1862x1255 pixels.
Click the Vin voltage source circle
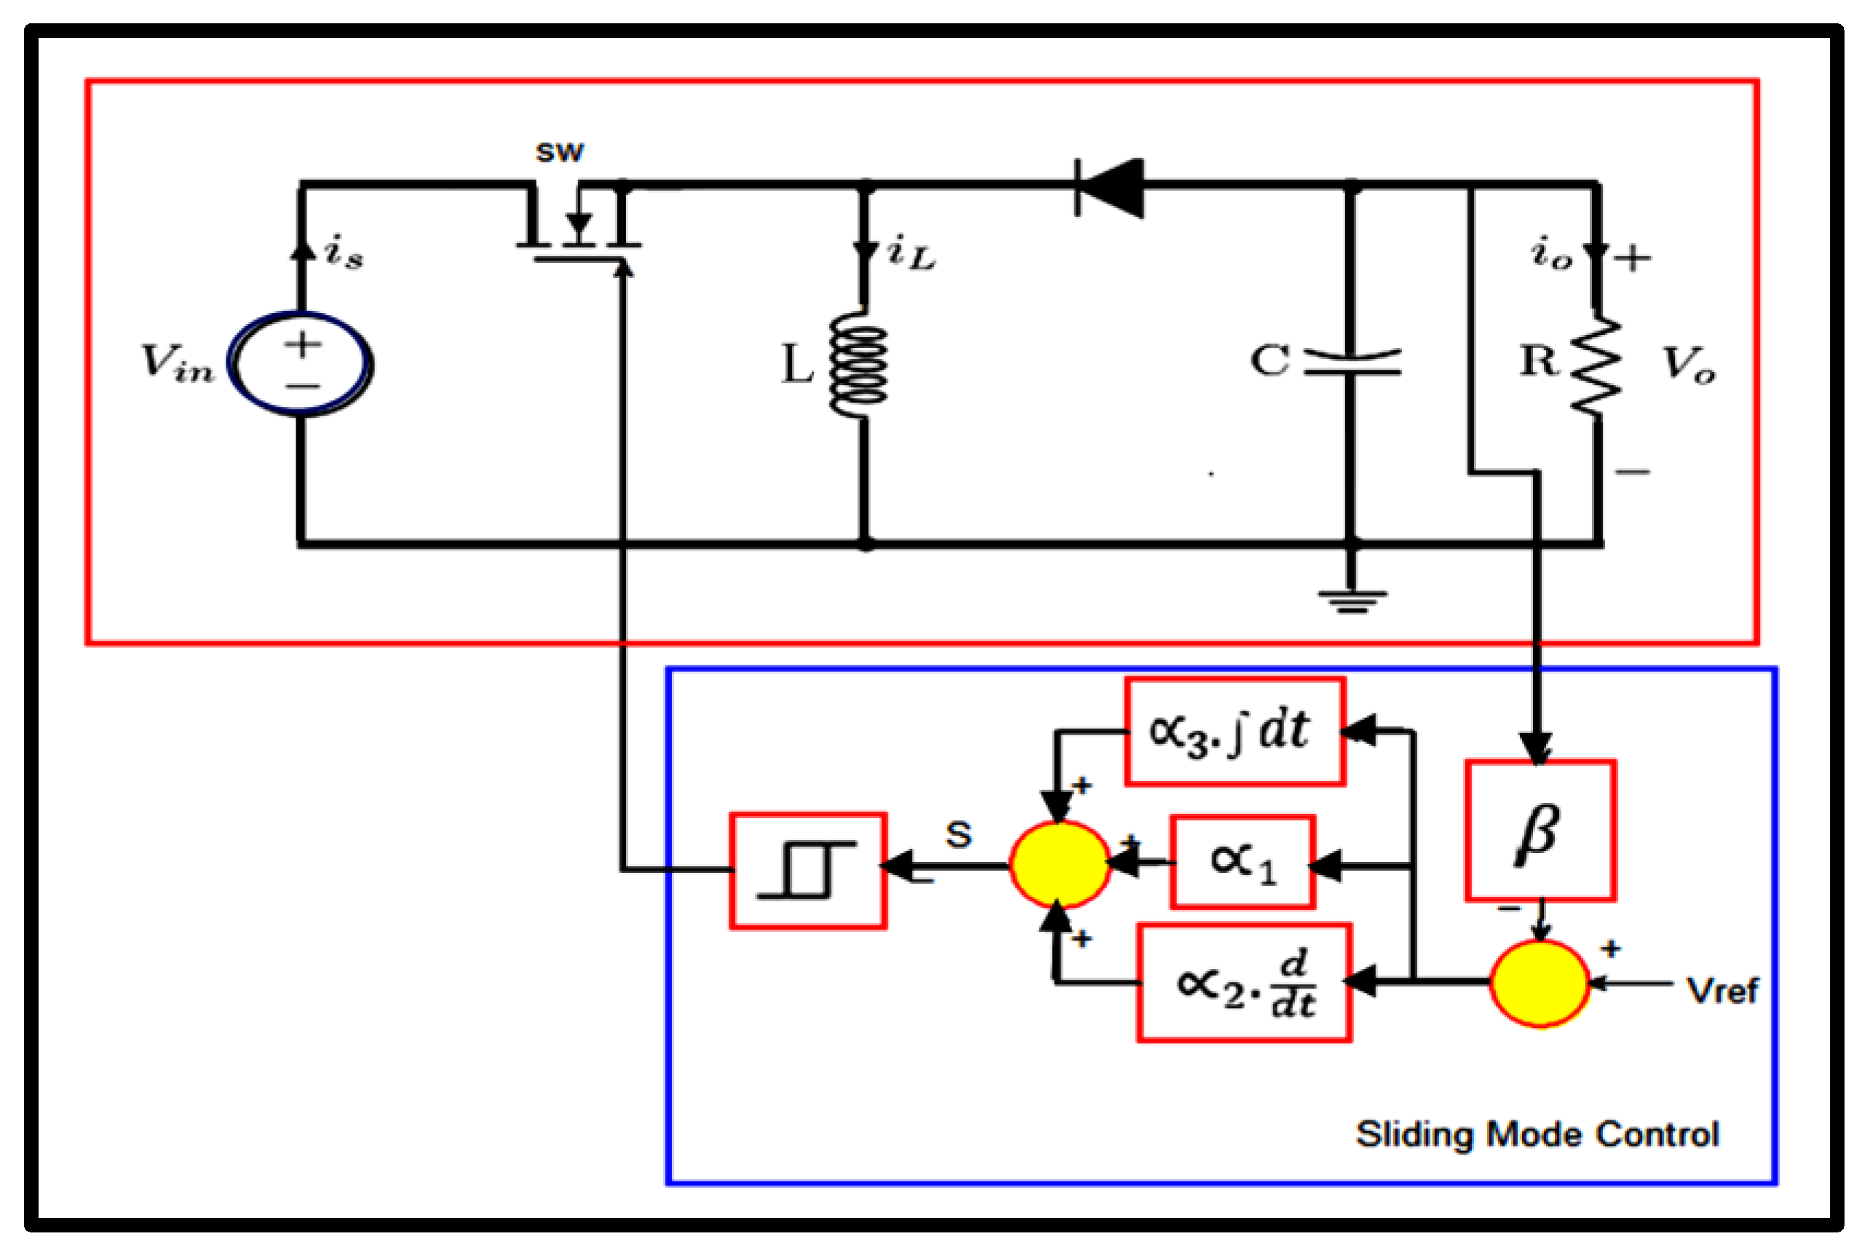click(x=300, y=364)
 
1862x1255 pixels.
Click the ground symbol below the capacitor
click(x=1352, y=601)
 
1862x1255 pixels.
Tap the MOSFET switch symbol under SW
click(x=578, y=228)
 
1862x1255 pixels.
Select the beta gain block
click(x=1540, y=830)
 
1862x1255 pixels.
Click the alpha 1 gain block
click(x=1242, y=861)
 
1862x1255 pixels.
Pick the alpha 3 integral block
click(x=1234, y=732)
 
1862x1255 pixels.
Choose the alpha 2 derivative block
click(x=1244, y=983)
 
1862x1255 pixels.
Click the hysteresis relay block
click(x=807, y=871)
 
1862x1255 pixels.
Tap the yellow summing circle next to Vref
click(x=1539, y=983)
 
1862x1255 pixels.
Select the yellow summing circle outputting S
click(x=1058, y=863)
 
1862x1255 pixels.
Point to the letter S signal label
click(x=959, y=835)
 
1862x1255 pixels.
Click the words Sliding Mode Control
click(x=1537, y=1134)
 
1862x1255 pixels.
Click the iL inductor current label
click(x=911, y=254)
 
